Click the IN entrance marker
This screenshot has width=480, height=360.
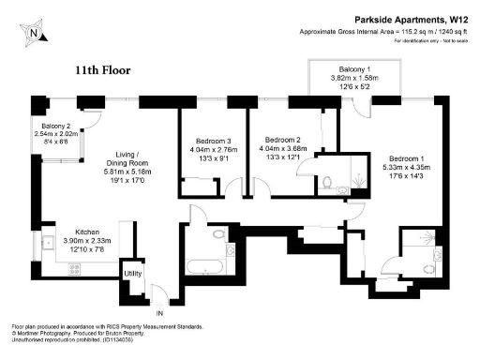coord(158,312)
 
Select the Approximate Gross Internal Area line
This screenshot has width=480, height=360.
coord(384,32)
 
